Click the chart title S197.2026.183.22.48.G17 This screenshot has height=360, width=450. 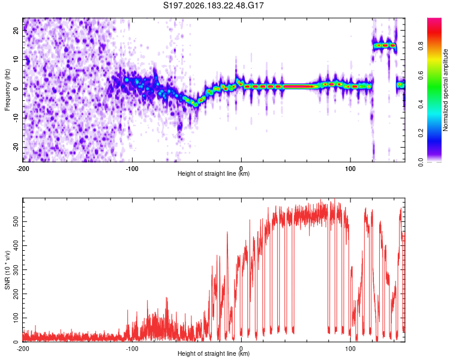(213, 5)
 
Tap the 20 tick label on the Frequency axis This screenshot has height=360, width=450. (16, 30)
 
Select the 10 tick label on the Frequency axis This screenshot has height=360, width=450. (16, 59)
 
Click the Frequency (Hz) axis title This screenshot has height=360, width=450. (7, 90)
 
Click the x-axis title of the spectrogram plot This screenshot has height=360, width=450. (214, 173)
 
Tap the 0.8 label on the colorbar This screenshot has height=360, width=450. (421, 46)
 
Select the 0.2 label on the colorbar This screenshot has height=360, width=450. (421, 133)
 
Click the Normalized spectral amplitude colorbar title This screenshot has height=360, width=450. (445, 90)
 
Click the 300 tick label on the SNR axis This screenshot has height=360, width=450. (16, 269)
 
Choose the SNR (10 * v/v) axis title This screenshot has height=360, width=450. (7, 270)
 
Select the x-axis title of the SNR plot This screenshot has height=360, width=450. (214, 353)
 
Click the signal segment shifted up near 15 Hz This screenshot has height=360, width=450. (385, 46)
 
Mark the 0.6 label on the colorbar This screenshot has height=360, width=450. (421, 75)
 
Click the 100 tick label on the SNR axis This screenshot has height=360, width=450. (16, 318)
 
